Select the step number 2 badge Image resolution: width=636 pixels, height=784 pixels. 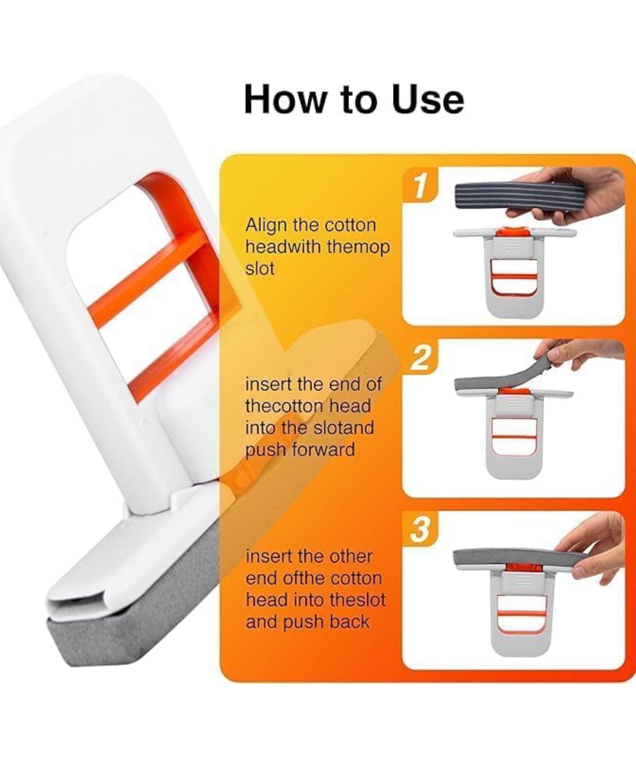click(419, 358)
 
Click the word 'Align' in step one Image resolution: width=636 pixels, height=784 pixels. click(266, 225)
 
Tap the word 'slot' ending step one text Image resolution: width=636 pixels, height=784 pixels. click(260, 269)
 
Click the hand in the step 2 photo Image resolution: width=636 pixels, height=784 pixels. click(582, 353)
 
